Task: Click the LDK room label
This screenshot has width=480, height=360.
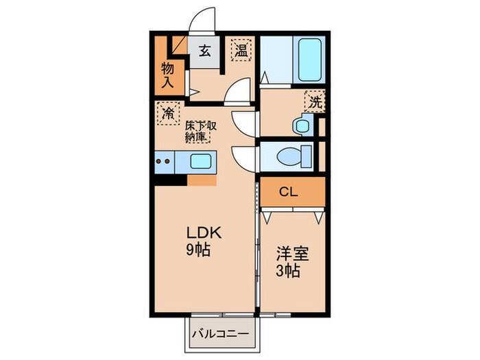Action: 204,234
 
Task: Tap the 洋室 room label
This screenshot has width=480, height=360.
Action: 292,254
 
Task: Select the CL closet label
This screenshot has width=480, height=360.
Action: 289,192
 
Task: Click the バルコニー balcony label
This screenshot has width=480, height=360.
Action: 220,333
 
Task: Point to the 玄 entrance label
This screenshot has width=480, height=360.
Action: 205,51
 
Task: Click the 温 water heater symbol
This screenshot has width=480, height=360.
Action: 241,50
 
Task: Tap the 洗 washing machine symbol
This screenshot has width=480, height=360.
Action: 315,101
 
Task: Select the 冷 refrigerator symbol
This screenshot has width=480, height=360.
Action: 168,113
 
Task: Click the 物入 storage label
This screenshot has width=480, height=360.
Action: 167,75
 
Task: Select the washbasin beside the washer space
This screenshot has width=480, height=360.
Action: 303,125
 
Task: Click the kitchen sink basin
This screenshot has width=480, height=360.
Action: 200,161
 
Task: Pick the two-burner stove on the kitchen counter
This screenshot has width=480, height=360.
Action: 163,162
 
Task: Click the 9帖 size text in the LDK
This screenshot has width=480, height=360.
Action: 198,250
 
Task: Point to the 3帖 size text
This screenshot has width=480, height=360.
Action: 288,271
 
